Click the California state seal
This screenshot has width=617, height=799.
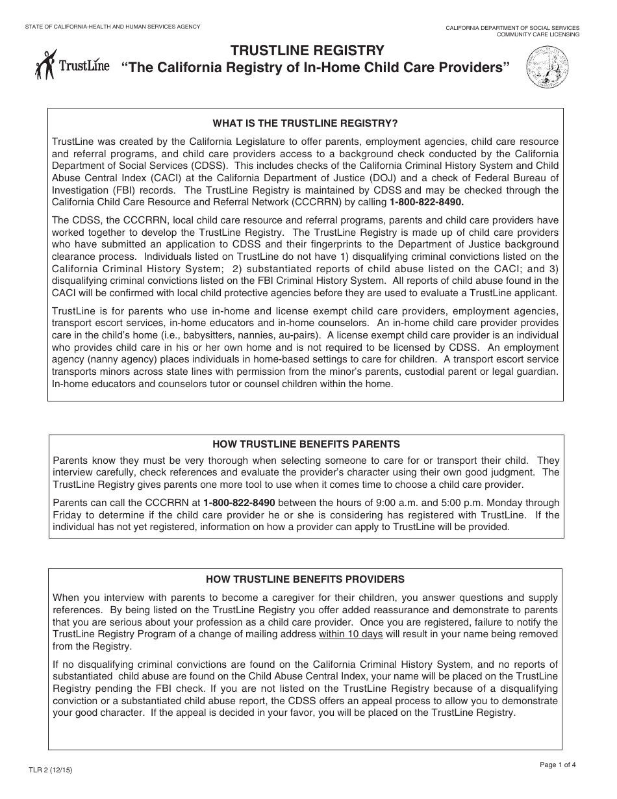(546, 70)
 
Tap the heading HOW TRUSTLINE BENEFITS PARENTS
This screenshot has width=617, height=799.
(306, 444)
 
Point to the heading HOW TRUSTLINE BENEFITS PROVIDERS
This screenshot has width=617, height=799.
(305, 579)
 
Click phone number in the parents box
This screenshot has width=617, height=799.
(239, 503)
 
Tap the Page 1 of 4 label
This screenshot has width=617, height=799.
(557, 765)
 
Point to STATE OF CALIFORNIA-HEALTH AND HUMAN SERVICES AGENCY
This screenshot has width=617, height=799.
(112, 27)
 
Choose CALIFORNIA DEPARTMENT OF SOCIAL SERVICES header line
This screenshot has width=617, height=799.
(512, 28)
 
